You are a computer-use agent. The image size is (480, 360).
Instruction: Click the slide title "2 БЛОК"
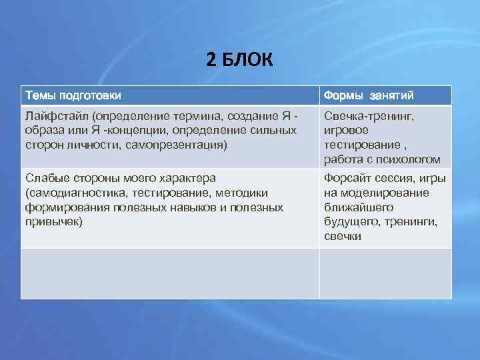239,61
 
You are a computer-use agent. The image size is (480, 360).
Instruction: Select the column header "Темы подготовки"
73,95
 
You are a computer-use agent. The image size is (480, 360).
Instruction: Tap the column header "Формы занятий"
370,95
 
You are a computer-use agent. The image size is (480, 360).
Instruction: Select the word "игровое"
347,130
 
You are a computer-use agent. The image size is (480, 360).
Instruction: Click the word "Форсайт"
346,179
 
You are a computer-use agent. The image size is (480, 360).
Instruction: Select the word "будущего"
349,221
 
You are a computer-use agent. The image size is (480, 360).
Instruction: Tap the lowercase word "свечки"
343,235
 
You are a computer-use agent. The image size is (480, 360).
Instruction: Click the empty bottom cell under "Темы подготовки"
170,273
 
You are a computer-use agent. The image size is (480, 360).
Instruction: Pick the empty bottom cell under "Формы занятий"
385,273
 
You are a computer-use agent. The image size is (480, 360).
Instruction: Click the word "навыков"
201,207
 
